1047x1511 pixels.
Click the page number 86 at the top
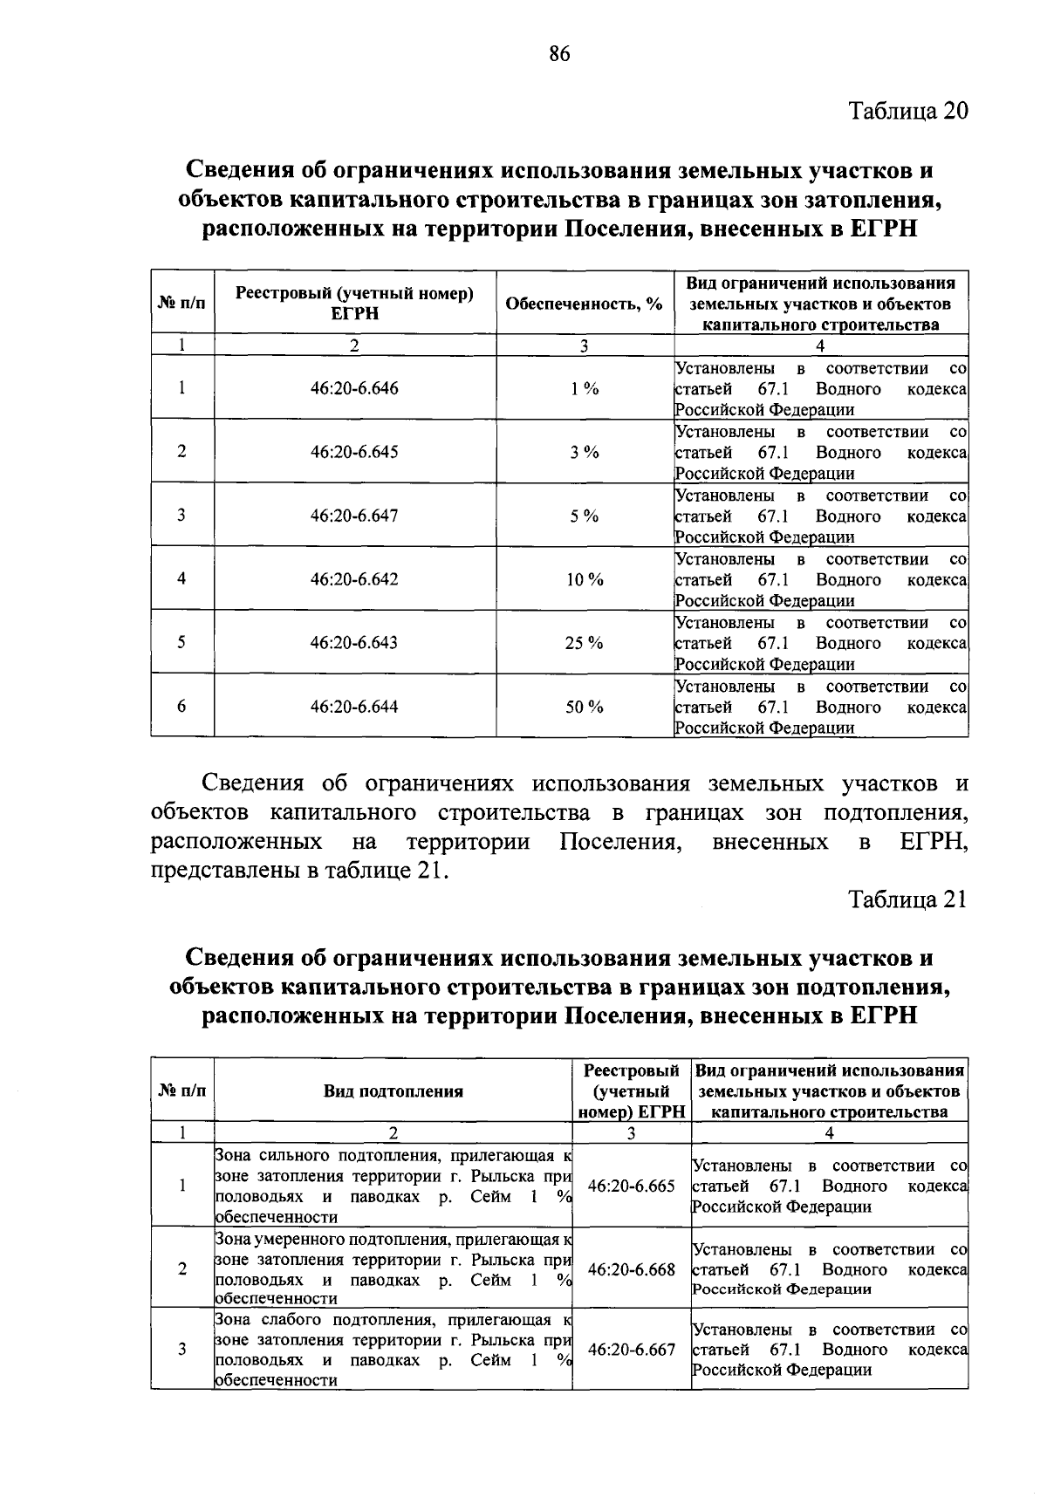click(559, 54)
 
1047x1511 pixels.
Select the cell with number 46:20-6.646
click(354, 389)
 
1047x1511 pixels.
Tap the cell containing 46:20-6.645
click(354, 453)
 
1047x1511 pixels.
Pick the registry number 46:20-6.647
click(354, 516)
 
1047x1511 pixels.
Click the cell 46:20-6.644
click(354, 708)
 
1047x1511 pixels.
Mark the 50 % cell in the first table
click(585, 708)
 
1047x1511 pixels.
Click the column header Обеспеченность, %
click(584, 304)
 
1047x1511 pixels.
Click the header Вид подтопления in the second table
click(393, 1091)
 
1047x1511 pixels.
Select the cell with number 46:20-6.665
click(632, 1186)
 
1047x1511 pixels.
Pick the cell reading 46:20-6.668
click(632, 1269)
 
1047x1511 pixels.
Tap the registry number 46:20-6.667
click(632, 1350)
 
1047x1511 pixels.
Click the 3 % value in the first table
click(585, 453)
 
